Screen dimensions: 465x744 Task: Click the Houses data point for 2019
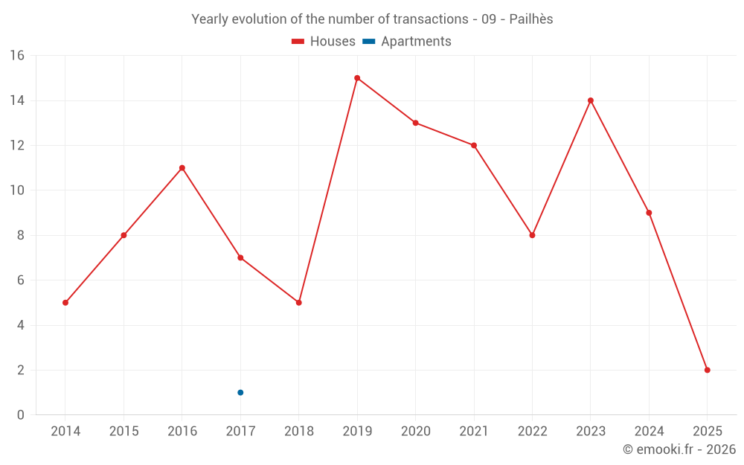point(357,78)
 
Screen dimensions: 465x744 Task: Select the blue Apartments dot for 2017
point(240,392)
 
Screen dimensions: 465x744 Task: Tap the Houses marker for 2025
point(707,370)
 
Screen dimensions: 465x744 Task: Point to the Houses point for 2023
point(591,100)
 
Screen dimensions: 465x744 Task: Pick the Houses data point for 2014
point(65,303)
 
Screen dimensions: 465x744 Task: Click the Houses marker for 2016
point(182,168)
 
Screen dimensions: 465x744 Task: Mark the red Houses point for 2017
point(240,257)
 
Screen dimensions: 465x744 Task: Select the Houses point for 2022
point(532,235)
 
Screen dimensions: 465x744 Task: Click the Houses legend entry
point(324,42)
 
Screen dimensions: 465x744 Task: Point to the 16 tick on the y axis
point(17,56)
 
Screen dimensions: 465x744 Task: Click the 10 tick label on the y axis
point(17,190)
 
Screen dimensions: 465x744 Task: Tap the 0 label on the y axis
point(21,414)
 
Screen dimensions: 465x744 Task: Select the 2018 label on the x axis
point(298,432)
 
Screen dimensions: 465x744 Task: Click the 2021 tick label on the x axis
point(474,432)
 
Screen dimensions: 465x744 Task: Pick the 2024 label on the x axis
point(649,432)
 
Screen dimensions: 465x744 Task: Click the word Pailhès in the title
point(531,19)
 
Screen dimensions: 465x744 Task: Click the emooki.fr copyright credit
point(679,449)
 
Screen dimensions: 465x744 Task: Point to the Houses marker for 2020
point(415,123)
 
